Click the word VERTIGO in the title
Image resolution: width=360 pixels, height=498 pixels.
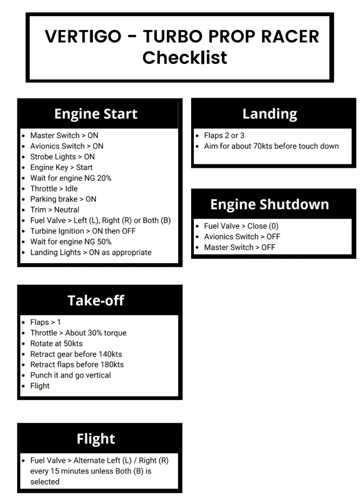pyautogui.click(x=83, y=36)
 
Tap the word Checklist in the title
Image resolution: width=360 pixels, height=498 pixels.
pyautogui.click(x=185, y=57)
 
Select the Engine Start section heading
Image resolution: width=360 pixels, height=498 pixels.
pyautogui.click(x=96, y=114)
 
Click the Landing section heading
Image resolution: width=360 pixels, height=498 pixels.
pyautogui.click(x=270, y=114)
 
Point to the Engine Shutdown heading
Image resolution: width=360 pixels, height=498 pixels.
pyautogui.click(x=270, y=204)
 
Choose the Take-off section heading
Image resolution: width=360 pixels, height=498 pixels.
pyautogui.click(x=96, y=300)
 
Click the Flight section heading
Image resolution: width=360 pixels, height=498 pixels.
pyautogui.click(x=96, y=439)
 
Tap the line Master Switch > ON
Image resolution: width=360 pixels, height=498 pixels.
pyautogui.click(x=64, y=136)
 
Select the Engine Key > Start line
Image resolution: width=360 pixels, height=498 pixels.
pyautogui.click(x=61, y=168)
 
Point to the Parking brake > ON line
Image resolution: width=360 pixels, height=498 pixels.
pyautogui.click(x=63, y=199)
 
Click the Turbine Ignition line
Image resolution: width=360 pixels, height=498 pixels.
pyautogui.click(x=83, y=231)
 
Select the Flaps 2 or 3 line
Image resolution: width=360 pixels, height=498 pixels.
pyautogui.click(x=224, y=136)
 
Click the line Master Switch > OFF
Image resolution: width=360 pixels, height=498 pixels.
pyautogui.click(x=239, y=248)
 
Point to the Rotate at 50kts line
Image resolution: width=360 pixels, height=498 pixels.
pyautogui.click(x=56, y=344)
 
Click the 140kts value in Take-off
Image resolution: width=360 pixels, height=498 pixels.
pyautogui.click(x=110, y=354)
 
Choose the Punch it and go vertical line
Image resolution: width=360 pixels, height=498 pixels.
pyautogui.click(x=70, y=375)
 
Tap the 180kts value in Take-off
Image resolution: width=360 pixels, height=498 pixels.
pyautogui.click(x=112, y=365)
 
